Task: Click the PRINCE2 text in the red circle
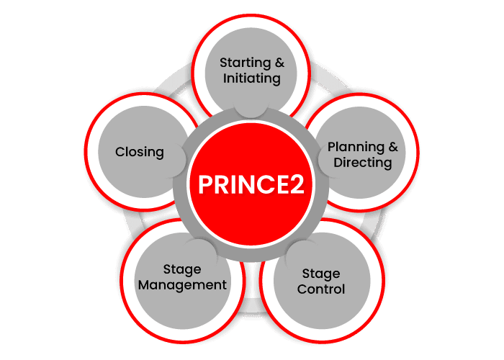251,184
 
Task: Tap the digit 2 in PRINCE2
297,184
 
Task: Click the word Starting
246,63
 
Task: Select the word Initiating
252,78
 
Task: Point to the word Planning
356,148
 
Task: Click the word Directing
363,163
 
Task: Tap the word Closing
140,153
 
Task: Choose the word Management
182,285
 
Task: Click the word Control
321,289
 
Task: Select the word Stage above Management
182,270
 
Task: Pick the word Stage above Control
321,274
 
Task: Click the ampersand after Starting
279,63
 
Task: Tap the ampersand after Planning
393,147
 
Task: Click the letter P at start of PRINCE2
206,184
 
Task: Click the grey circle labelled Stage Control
322,281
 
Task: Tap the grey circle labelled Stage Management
183,281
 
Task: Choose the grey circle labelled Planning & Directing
361,153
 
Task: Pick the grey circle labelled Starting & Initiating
251,73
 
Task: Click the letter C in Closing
120,152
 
